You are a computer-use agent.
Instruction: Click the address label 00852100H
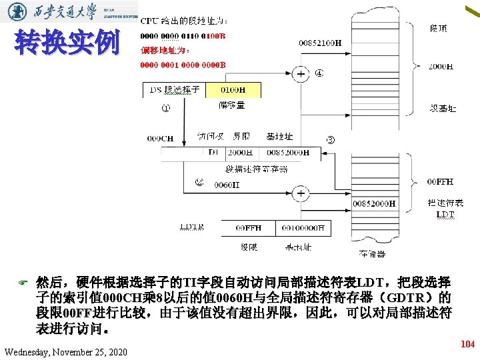pyautogui.click(x=320, y=43)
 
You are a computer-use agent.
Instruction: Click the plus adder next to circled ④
pyautogui.click(x=301, y=74)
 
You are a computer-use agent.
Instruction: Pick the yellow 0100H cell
pyautogui.click(x=232, y=90)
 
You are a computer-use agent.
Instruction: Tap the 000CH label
pyautogui.click(x=160, y=139)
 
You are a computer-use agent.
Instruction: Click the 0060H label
pyautogui.click(x=226, y=185)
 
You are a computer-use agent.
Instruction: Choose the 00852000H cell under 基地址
pyautogui.click(x=287, y=153)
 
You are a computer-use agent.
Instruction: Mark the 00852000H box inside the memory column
pyautogui.click(x=374, y=203)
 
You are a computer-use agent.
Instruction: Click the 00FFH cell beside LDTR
pyautogui.click(x=249, y=228)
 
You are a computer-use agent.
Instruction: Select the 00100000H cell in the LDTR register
pyautogui.click(x=304, y=228)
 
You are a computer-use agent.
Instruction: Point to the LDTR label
pyautogui.click(x=192, y=227)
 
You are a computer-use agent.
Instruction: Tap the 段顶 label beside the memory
pyautogui.click(x=439, y=29)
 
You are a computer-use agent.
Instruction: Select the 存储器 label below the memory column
pyautogui.click(x=372, y=254)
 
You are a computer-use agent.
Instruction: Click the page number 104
pyautogui.click(x=467, y=345)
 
